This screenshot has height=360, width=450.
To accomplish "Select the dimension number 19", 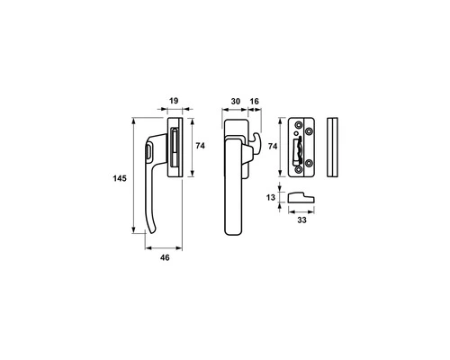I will pos(175,102).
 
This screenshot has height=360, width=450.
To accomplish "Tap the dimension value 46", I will pos(165,258).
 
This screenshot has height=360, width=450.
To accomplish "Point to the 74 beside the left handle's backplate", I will pos(202,146).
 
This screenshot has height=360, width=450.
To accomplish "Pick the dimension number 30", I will pos(235,102).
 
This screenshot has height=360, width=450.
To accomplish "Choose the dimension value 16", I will pos(255,102).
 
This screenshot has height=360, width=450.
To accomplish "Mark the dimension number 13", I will pos(272,197).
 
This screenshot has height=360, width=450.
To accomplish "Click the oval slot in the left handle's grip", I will pos(146,157).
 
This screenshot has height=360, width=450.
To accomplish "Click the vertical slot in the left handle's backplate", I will pos(174,148).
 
